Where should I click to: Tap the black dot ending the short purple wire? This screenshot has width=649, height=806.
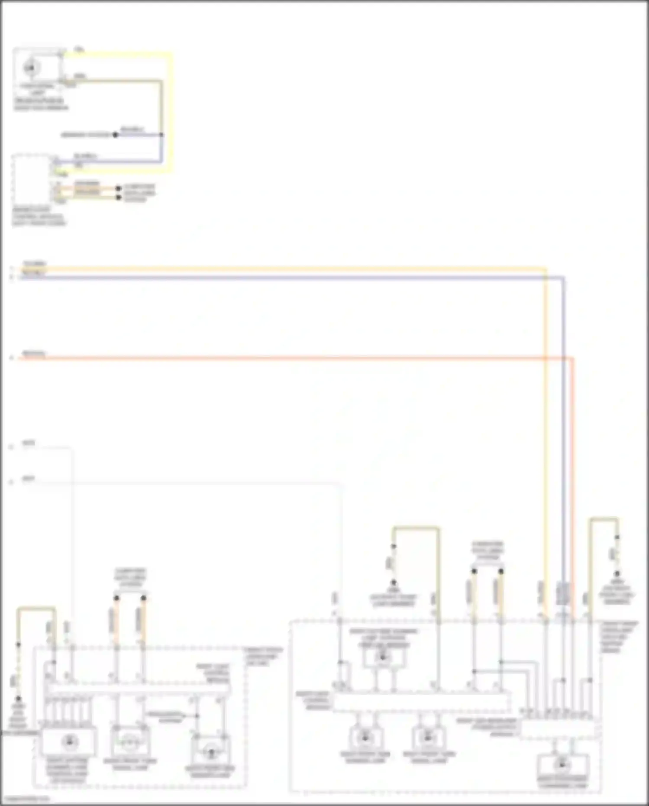115,135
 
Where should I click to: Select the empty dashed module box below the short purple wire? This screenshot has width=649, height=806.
32,179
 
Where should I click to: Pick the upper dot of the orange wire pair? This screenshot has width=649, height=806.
119,189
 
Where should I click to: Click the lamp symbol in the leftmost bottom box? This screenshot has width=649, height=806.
68,742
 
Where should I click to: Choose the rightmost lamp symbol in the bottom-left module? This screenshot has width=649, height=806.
211,753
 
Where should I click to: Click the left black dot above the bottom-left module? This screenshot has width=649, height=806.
116,598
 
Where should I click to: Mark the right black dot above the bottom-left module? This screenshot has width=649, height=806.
143,598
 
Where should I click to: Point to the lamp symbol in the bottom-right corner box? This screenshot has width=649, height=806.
562,765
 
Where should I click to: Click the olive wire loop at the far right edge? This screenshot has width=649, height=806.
604,518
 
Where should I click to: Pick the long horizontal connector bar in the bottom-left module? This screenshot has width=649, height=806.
138,689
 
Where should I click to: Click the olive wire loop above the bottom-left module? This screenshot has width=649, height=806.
36,609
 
